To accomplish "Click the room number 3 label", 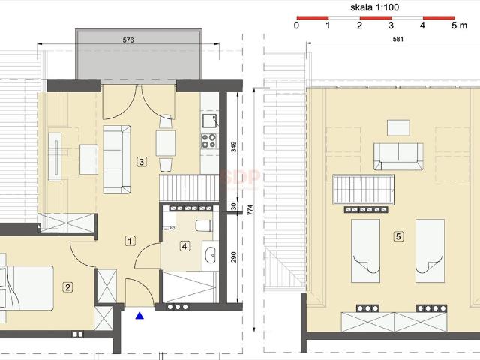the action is click(x=142, y=162).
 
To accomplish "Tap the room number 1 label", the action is click(x=130, y=241).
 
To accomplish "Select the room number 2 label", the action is click(x=67, y=287).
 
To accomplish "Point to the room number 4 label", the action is click(x=184, y=246).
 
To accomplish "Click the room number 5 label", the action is click(x=398, y=236).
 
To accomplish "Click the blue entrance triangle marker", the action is click(x=139, y=315).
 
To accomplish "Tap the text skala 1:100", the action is click(x=375, y=7).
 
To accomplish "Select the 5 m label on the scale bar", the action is click(x=460, y=25).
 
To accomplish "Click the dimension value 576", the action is click(x=128, y=40).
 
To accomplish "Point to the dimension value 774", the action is click(x=250, y=210).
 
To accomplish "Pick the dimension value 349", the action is click(x=233, y=147).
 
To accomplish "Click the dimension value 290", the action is click(x=233, y=256).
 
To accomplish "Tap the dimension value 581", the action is click(x=398, y=39).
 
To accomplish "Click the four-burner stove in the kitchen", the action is click(x=209, y=141).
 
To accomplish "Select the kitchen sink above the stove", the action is click(x=210, y=121).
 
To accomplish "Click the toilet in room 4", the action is click(x=204, y=226).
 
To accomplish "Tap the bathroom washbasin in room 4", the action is click(x=211, y=255).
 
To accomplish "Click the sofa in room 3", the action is click(x=117, y=160).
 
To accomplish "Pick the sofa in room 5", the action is click(x=398, y=157).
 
